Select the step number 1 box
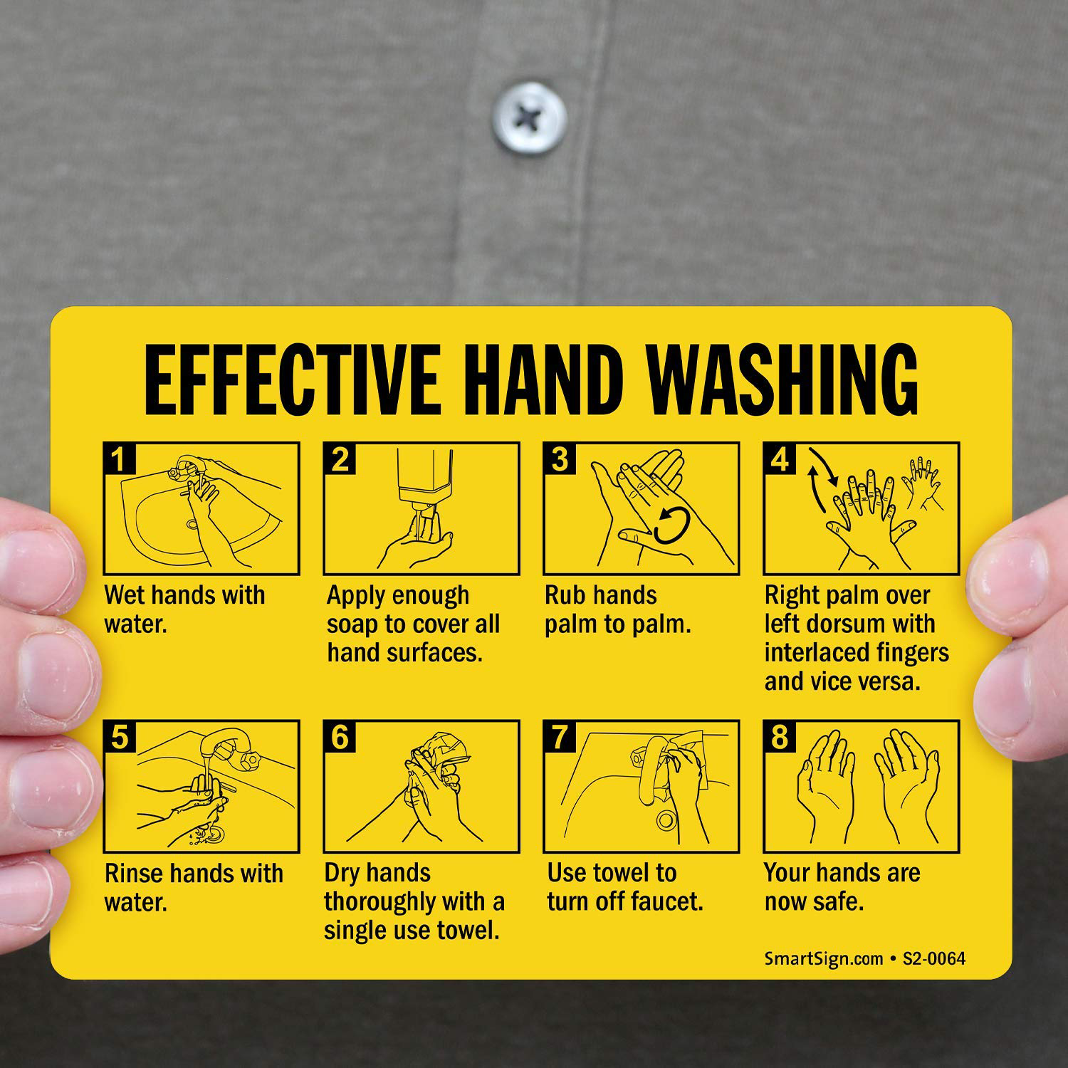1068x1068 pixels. point(117,459)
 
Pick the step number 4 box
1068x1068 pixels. point(778,459)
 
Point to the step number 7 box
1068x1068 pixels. point(558,736)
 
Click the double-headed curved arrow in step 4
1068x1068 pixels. point(822,481)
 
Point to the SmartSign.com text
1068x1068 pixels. point(824,958)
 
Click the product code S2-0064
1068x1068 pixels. point(934,958)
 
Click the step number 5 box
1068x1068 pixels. point(117,736)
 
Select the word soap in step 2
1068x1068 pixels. point(352,625)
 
